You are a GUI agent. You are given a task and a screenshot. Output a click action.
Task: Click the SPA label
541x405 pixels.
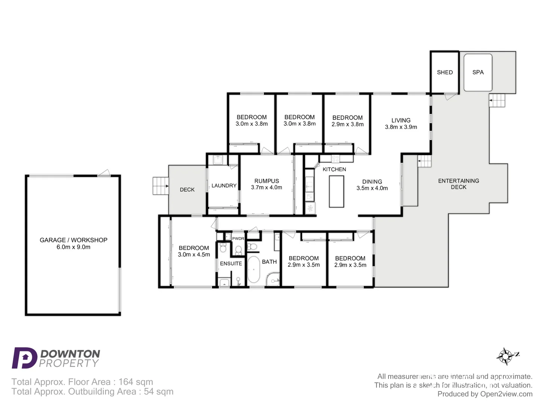click(x=478, y=72)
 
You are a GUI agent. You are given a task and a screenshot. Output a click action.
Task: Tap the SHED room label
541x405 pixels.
click(x=444, y=72)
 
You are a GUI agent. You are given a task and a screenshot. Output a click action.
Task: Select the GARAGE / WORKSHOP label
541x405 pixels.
click(x=74, y=240)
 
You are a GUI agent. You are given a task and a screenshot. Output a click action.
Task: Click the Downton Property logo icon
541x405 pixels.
click(x=24, y=358)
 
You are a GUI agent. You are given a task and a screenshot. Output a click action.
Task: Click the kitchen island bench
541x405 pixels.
click(x=336, y=191)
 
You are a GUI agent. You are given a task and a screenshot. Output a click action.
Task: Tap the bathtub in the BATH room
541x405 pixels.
click(x=253, y=269)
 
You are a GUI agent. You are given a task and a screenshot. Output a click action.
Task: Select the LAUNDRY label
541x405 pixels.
click(x=224, y=186)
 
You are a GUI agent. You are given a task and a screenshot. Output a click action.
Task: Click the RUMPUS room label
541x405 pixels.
click(x=266, y=181)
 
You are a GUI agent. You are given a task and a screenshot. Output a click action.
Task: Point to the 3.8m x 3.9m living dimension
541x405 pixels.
click(x=401, y=127)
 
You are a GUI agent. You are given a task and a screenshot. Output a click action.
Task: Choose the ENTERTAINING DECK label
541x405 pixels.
click(x=458, y=184)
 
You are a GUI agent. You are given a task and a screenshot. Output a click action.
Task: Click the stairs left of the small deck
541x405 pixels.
click(x=160, y=186)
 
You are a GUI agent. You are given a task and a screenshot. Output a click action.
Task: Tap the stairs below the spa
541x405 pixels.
click(x=497, y=100)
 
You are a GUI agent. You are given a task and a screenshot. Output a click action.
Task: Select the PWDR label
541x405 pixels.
click(x=238, y=238)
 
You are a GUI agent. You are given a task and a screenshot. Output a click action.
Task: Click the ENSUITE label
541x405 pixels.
click(x=231, y=264)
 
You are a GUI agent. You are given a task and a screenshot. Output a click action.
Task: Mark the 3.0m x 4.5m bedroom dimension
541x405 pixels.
click(x=194, y=255)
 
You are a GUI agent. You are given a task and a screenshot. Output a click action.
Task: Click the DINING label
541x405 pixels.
click(x=372, y=181)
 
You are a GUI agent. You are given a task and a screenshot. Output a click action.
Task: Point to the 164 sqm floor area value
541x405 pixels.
click(x=136, y=382)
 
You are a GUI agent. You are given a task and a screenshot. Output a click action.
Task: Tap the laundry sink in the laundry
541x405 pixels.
click(x=218, y=160)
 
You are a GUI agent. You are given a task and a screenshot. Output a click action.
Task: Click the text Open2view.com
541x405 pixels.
click(x=506, y=394)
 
